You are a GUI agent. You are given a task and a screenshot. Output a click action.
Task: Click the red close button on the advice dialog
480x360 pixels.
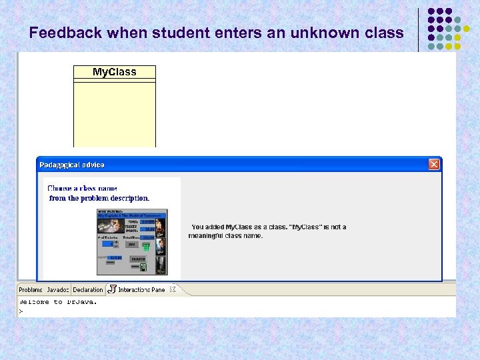(x=434, y=164)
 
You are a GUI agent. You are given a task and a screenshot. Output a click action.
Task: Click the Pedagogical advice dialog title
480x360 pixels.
(x=72, y=165)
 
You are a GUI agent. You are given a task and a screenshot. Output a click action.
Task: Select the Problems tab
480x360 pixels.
(x=31, y=290)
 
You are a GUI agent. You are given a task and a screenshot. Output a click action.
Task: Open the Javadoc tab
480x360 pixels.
(x=58, y=290)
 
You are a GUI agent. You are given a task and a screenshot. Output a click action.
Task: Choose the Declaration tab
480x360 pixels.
(x=88, y=290)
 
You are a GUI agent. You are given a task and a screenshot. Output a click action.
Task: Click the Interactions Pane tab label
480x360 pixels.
(x=141, y=290)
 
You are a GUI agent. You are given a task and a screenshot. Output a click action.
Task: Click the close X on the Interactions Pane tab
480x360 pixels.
(x=172, y=289)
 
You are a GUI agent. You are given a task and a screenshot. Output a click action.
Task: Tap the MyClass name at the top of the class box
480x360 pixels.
(x=114, y=72)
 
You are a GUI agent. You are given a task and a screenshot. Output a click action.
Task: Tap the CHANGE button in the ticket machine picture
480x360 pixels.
(x=138, y=259)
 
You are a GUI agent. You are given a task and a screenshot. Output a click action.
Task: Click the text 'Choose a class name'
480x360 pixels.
(x=82, y=189)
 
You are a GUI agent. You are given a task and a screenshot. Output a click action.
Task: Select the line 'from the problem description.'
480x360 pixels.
(x=99, y=198)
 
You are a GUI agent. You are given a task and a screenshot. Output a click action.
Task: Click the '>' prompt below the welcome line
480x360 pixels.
(x=21, y=311)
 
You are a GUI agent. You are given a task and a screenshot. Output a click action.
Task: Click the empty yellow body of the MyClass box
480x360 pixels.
(x=114, y=113)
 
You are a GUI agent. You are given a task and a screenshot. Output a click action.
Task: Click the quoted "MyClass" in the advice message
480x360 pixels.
(x=307, y=227)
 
